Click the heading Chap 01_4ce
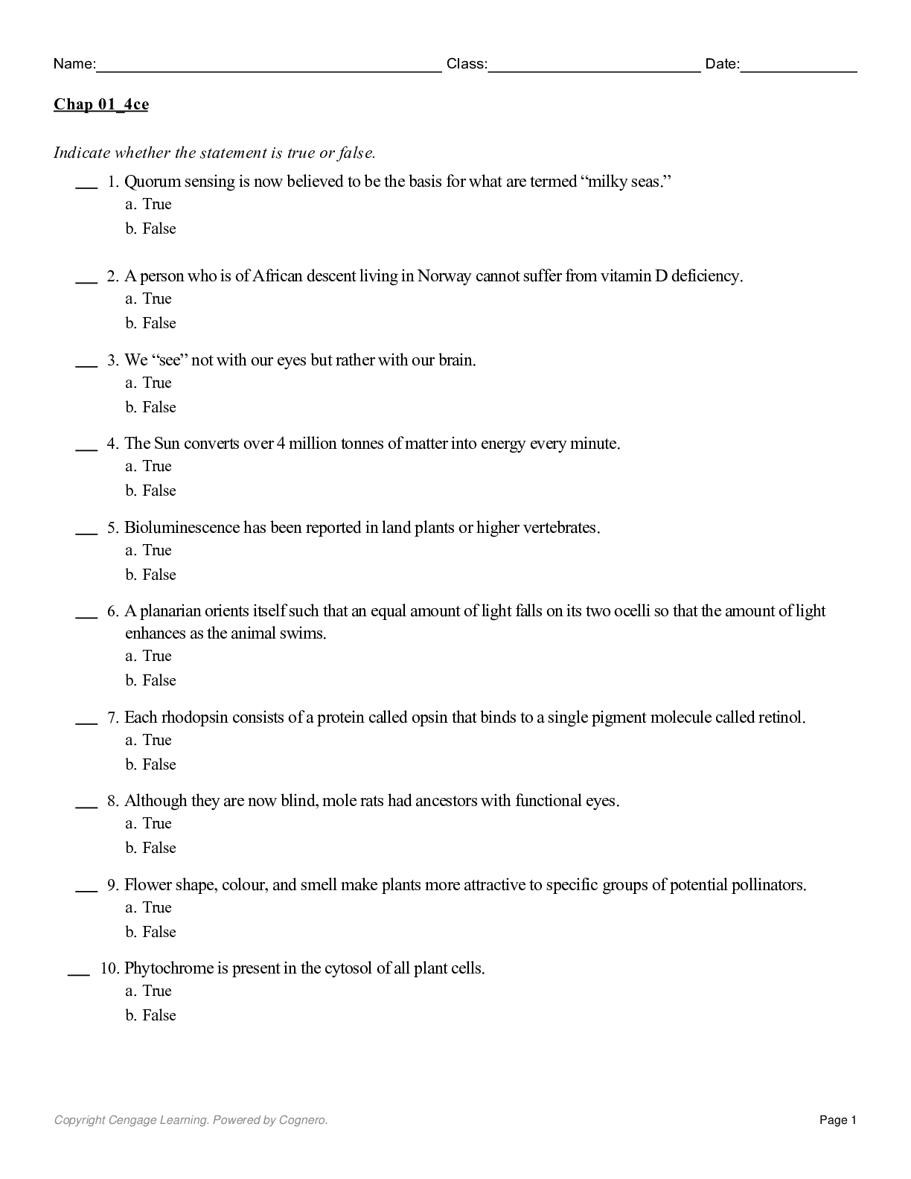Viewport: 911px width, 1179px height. (x=100, y=104)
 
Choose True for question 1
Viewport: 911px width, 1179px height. (x=156, y=205)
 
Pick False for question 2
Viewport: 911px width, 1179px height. (x=159, y=323)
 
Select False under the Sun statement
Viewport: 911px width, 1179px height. (x=159, y=491)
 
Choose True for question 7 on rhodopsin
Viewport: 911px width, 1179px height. (x=156, y=740)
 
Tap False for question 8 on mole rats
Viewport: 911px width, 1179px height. (x=159, y=848)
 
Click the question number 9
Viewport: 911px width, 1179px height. (x=112, y=885)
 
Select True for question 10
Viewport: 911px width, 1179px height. (x=156, y=991)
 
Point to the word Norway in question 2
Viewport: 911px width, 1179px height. (x=444, y=276)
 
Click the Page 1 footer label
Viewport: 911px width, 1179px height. (x=838, y=1120)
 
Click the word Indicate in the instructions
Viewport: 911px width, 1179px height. (x=82, y=153)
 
